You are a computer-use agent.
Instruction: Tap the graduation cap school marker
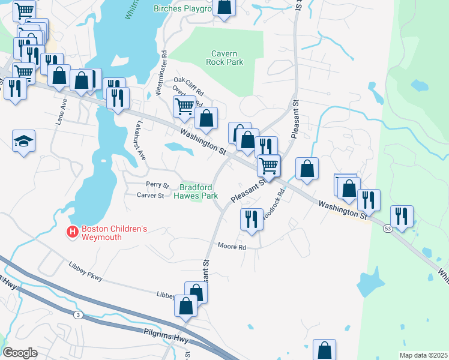tap(24, 142)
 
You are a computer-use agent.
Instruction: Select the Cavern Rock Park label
tap(224, 58)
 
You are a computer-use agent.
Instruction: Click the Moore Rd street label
tap(232, 247)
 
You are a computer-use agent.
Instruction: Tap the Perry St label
tap(158, 185)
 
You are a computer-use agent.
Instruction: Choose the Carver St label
tap(150, 196)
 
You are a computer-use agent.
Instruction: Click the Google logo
tap(20, 353)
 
